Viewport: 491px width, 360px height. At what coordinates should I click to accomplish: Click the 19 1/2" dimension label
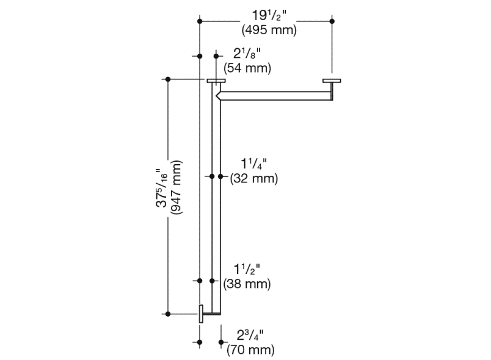pos(269,15)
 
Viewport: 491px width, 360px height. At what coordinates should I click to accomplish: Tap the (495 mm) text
pos(269,30)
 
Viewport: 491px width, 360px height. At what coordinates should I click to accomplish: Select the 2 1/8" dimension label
pos(247,54)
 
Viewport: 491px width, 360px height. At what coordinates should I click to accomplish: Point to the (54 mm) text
pos(247,68)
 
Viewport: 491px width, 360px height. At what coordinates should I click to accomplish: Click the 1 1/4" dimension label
pos(253,164)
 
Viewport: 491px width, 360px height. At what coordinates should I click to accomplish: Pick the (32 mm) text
pos(253,179)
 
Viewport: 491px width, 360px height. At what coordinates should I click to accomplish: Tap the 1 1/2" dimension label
pos(247,269)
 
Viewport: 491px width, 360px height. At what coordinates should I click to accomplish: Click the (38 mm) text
pos(247,284)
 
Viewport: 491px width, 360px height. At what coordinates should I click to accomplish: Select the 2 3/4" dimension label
pos(250,335)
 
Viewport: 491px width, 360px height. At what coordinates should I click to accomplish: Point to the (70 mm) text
pos(250,350)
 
